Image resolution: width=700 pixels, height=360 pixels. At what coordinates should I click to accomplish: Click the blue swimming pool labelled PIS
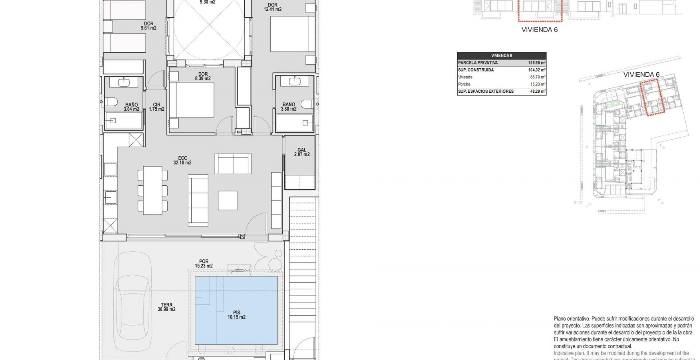236,310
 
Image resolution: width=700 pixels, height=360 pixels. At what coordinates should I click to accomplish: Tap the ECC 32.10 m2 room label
182,160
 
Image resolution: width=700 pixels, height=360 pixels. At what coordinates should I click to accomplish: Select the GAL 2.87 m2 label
302,152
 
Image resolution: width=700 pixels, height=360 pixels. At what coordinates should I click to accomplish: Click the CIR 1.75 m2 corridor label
156,107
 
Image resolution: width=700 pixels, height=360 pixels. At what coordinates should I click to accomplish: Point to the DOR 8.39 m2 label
203,76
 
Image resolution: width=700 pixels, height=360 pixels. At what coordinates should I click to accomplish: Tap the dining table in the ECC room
153,190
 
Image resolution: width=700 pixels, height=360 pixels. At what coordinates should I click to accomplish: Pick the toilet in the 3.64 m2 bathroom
111,102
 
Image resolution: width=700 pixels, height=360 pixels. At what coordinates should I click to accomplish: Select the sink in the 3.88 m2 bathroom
294,81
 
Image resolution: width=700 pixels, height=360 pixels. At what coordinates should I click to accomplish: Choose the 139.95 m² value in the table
537,63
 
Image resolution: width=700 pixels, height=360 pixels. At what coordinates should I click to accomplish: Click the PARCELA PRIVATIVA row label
478,63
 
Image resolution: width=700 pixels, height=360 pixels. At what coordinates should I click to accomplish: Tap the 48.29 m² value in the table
538,91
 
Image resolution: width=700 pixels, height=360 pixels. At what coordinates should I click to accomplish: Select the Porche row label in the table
464,84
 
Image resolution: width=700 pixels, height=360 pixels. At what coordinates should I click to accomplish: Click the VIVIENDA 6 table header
502,56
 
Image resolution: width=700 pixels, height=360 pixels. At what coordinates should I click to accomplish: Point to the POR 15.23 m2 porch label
204,263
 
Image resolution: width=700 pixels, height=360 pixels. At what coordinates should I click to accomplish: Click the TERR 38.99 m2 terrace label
166,307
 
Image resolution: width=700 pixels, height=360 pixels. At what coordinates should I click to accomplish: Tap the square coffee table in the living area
228,200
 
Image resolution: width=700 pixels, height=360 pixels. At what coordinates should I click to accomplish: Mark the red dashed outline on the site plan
652,97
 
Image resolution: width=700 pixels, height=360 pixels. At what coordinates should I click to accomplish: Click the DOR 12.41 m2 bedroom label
273,7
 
